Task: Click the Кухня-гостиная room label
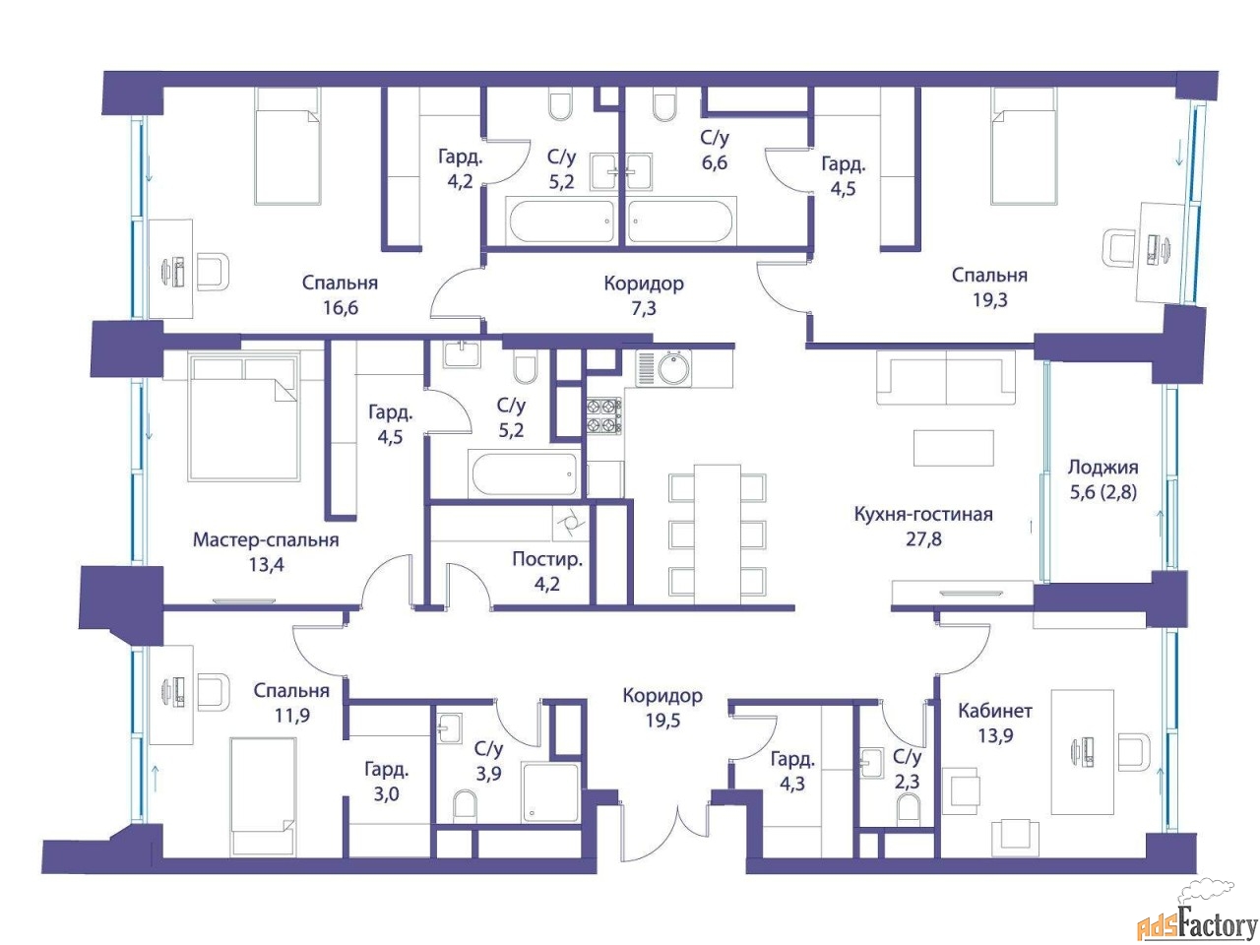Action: point(922,514)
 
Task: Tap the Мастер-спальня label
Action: point(266,539)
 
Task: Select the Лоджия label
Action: point(1102,467)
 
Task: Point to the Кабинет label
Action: point(995,711)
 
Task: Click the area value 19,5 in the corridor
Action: point(662,720)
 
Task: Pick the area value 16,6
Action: point(340,307)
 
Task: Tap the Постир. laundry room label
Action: point(547,559)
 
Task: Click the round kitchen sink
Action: point(674,368)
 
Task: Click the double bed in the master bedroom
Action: point(244,416)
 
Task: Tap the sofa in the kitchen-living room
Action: point(945,378)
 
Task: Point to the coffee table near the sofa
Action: point(954,447)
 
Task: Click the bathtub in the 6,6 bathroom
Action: point(679,221)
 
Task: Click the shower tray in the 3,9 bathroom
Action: point(550,792)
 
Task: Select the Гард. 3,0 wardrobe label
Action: point(386,782)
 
